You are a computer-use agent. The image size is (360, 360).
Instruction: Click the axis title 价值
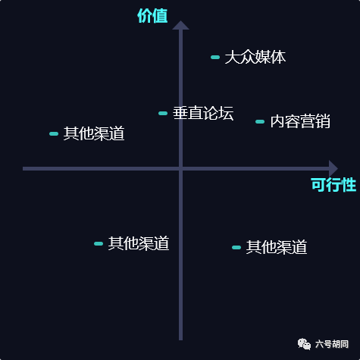[152, 16]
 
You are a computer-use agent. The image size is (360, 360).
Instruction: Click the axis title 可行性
[333, 185]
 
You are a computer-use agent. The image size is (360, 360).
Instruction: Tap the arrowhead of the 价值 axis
[180, 25]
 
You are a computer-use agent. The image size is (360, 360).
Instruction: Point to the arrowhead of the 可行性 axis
[333, 168]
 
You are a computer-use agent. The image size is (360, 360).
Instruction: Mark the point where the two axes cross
[180, 168]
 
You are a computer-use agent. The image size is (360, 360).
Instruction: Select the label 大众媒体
[255, 57]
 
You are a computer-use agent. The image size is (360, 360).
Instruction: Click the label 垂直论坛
[203, 113]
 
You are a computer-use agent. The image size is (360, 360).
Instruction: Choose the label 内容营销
[300, 121]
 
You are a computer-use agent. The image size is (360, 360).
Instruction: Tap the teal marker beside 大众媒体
[215, 57]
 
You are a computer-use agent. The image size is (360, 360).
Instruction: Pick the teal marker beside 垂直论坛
[163, 113]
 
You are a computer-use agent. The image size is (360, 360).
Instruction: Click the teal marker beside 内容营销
[260, 121]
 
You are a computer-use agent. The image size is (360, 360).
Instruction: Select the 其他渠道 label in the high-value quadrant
[94, 133]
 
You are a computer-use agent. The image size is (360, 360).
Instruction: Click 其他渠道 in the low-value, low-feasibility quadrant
[139, 243]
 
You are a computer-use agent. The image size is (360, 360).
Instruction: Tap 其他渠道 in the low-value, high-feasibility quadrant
[277, 247]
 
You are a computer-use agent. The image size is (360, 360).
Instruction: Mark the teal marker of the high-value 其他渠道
[54, 133]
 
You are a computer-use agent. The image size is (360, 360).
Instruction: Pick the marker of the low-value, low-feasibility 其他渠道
[99, 243]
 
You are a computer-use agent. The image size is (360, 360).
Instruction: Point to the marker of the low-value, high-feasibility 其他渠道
[236, 247]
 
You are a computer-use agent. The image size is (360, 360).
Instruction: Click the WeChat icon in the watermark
[304, 344]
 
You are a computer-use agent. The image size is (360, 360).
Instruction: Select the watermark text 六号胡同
[332, 344]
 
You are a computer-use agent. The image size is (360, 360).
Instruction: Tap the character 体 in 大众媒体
[278, 57]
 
